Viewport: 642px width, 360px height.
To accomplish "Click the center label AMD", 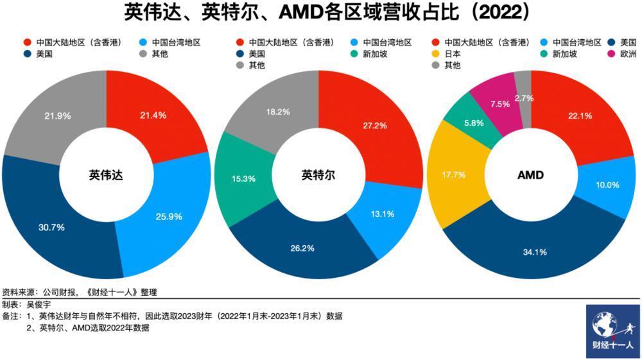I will point(531,175).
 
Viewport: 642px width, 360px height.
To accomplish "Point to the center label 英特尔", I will point(318,175).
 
